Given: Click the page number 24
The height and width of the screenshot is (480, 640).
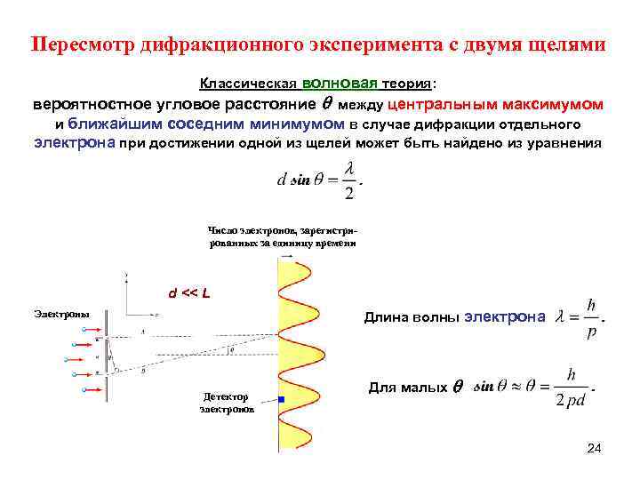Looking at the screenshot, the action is (x=594, y=449).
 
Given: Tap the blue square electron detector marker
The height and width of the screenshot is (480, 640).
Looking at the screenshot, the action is (x=281, y=400).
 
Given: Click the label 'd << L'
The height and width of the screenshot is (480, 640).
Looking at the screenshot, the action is (x=189, y=293).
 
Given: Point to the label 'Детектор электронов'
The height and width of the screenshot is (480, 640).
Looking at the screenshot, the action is (x=227, y=403).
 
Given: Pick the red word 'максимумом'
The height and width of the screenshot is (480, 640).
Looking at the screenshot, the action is (x=551, y=104).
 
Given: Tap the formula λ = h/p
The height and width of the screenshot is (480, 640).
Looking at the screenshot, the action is (x=579, y=315).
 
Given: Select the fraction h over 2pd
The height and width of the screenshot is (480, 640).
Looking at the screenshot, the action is (x=570, y=387).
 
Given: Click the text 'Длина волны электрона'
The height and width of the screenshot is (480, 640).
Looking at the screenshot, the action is (x=454, y=316).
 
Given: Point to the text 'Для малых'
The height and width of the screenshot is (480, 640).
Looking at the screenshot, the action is (x=405, y=388).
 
